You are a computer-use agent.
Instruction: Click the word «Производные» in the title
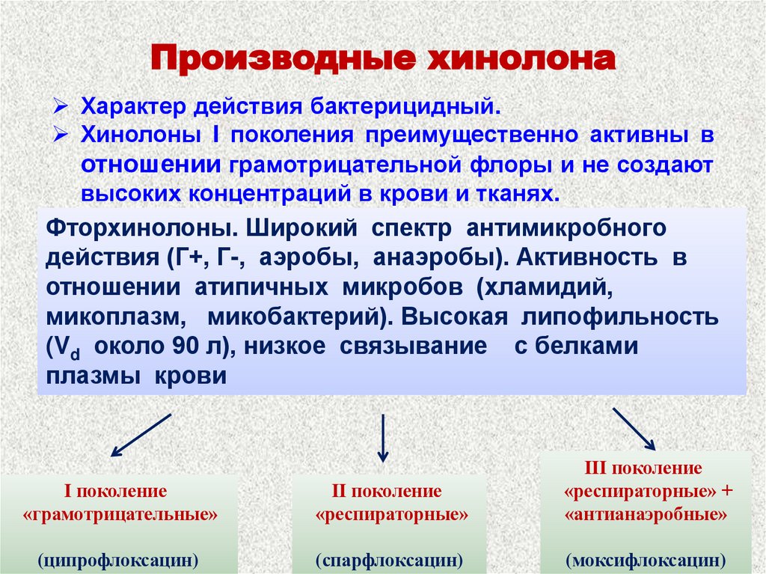[x=283, y=60]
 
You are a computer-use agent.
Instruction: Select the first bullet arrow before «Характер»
[x=64, y=106]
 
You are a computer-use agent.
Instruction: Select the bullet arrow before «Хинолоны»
[x=64, y=135]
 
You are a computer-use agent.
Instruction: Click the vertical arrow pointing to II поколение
[x=383, y=438]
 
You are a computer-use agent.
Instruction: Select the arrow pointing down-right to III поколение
[x=634, y=429]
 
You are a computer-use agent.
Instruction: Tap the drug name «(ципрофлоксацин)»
[x=120, y=559]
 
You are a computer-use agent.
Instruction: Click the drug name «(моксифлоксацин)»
[x=646, y=559]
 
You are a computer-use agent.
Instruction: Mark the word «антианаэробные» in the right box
[x=646, y=516]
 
